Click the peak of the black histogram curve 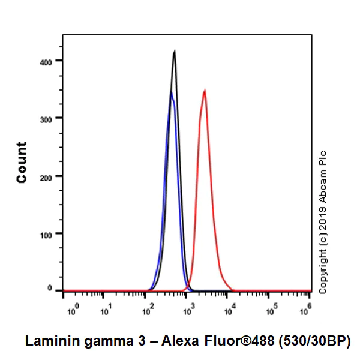click(174, 52)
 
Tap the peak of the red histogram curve click(205, 91)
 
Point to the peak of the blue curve click(171, 93)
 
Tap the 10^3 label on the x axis click(188, 311)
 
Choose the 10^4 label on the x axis click(229, 311)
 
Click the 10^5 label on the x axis click(269, 311)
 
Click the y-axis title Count click(22, 162)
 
